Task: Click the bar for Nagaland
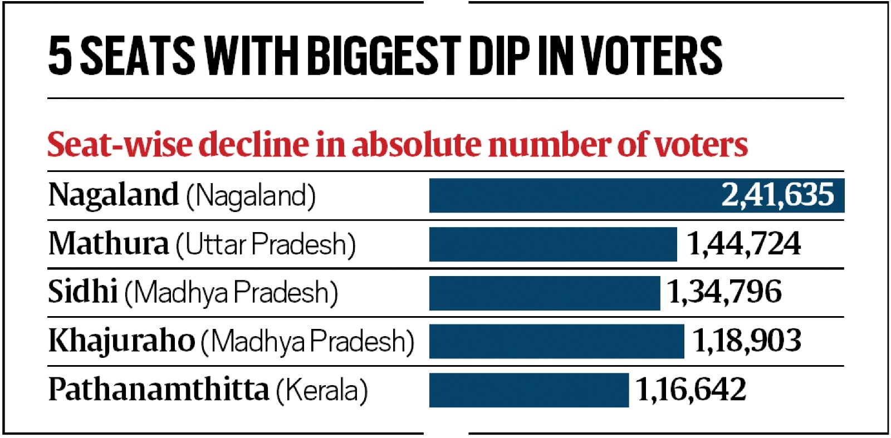tap(574, 195)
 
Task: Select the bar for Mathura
tap(552, 244)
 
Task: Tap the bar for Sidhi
tap(544, 293)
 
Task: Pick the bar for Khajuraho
tap(556, 341)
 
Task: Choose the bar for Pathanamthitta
tap(528, 390)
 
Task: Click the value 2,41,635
tap(777, 195)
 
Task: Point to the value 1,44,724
tap(744, 244)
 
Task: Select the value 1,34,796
tap(724, 292)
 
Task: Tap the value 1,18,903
tap(746, 341)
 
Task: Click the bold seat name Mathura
tap(108, 244)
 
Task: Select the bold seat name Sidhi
tap(82, 292)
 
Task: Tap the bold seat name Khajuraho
tap(121, 341)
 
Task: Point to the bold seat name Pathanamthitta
tap(158, 389)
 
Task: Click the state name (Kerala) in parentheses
tap(322, 390)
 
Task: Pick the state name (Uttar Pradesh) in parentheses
tap(266, 244)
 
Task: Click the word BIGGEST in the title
tap(383, 56)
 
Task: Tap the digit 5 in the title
tap(60, 56)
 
